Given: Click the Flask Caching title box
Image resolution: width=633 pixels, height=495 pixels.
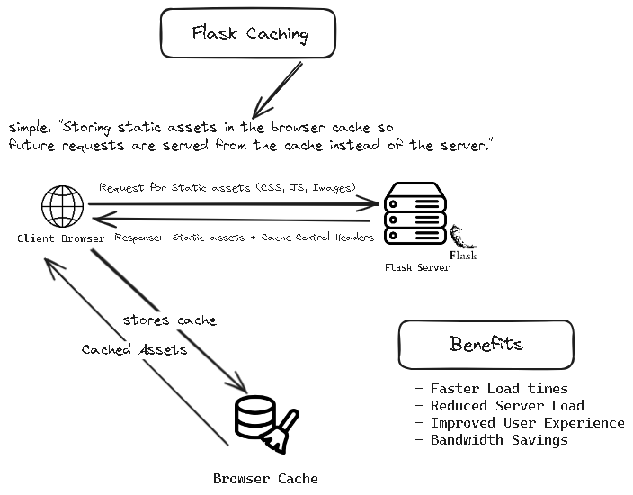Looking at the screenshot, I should pos(249,35).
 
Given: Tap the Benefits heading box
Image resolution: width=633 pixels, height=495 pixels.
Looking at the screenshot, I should pos(486,345).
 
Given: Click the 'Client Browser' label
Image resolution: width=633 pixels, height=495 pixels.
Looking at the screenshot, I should pos(60,238).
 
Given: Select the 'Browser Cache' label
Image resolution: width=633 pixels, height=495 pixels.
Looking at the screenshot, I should pos(265,478).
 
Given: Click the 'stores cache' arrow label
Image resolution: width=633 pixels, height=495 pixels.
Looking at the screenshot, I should pos(169,319).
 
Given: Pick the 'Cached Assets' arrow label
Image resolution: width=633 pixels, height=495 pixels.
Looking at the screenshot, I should pos(134,349).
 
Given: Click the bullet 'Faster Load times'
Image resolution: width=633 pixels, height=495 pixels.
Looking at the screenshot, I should pos(499,389).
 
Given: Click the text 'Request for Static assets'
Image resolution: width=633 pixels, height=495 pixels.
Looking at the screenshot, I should pos(175,188).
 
